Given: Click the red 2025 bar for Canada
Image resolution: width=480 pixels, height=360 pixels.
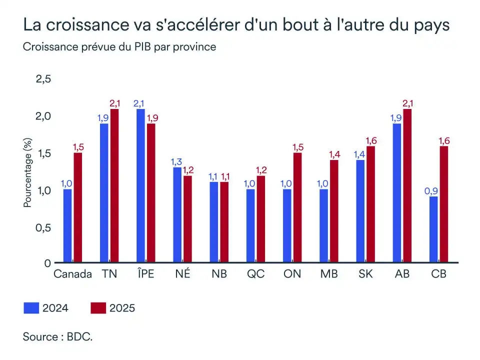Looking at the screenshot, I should [77, 207].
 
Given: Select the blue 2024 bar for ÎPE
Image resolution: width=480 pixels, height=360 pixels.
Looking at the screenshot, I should [140, 185].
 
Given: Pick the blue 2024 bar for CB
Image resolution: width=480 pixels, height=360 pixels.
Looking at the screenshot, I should [433, 229].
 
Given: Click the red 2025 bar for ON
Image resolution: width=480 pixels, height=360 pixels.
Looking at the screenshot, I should [297, 207].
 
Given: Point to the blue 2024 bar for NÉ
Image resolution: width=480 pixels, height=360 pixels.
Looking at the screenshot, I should [177, 215].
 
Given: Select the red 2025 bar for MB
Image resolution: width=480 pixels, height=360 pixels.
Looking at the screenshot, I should [333, 211].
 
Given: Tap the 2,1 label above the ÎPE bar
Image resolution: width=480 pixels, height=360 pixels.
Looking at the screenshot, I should [140, 103].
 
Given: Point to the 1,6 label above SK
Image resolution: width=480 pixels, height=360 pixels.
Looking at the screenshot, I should [370, 140].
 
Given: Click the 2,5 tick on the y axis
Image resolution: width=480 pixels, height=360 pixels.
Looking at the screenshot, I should [43, 79].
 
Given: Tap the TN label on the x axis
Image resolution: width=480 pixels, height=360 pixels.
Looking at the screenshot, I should [109, 274].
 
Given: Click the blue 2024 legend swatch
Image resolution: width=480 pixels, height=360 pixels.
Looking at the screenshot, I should [31, 308].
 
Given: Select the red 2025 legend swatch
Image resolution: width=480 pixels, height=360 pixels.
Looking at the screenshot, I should [98, 308].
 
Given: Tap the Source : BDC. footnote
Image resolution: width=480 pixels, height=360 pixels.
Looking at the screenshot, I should [58, 336].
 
